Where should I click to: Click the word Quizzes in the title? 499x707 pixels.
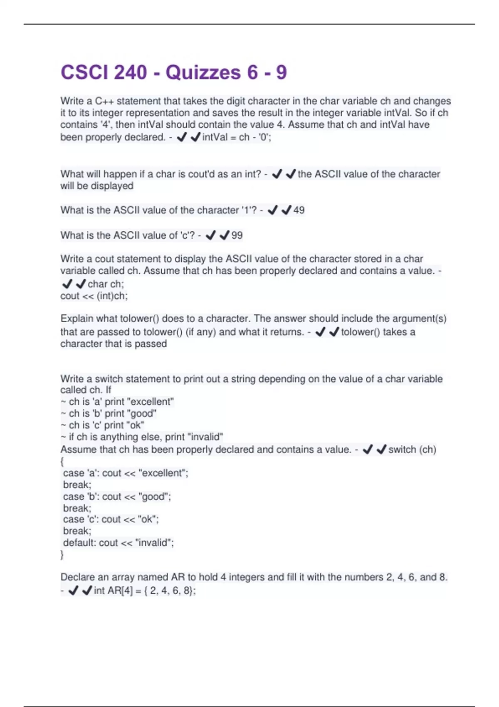click(203, 72)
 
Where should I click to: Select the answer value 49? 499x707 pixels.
click(299, 210)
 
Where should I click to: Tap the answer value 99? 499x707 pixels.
click(237, 235)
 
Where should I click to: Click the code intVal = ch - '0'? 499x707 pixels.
click(237, 137)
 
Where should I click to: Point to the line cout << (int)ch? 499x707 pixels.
click(94, 296)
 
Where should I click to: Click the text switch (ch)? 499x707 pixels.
click(412, 450)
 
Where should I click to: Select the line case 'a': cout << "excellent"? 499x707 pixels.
click(126, 473)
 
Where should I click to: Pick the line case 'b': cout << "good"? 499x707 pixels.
click(117, 497)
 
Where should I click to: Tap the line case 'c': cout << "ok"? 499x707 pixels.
click(111, 519)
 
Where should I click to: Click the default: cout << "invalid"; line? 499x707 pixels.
click(119, 543)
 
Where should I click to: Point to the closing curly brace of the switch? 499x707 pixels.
click(62, 554)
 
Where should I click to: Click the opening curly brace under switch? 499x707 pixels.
click(62, 461)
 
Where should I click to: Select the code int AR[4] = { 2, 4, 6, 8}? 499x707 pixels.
click(145, 591)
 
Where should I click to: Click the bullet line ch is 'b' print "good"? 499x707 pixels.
click(109, 413)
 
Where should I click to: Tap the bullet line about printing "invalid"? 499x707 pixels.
click(142, 437)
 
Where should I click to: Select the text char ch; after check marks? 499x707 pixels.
click(106, 284)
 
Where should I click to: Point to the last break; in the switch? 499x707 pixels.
click(77, 531)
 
